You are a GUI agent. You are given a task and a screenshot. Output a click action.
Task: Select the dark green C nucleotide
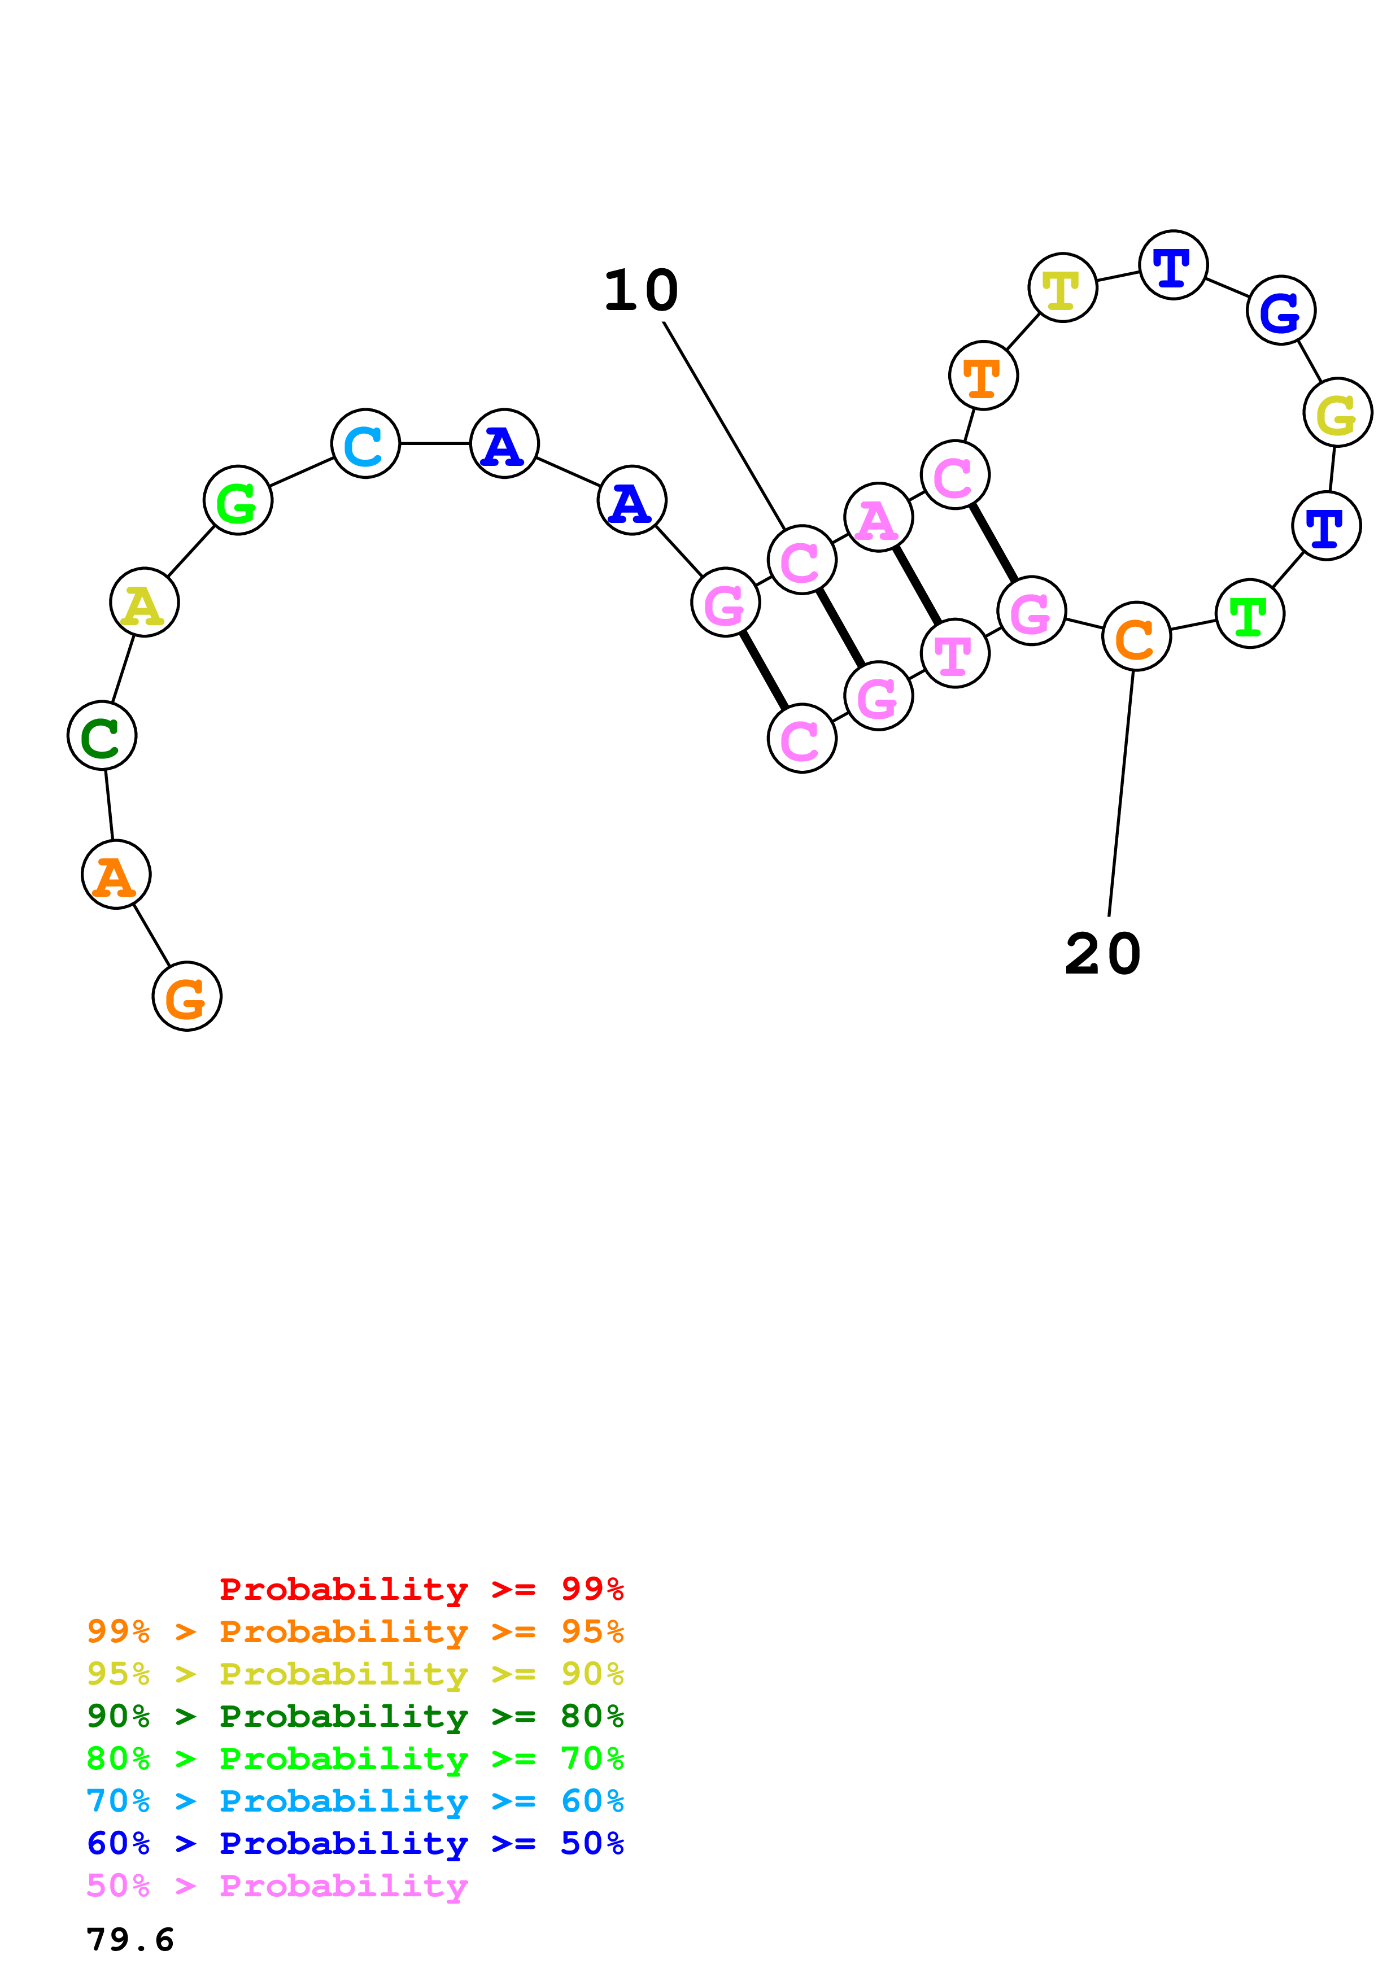(102, 735)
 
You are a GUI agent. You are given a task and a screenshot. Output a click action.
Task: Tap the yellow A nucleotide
(144, 602)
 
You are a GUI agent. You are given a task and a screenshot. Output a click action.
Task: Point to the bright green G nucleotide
(237, 500)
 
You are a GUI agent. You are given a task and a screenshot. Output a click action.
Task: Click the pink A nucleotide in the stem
(878, 518)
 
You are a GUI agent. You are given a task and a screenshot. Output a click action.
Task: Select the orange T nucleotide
(983, 376)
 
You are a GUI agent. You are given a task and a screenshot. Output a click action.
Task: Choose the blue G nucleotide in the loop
(1280, 310)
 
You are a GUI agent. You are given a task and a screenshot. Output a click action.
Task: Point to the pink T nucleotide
(954, 653)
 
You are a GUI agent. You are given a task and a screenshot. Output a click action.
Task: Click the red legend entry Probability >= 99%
(421, 1589)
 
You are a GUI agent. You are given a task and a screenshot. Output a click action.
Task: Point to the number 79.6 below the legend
(130, 1940)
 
